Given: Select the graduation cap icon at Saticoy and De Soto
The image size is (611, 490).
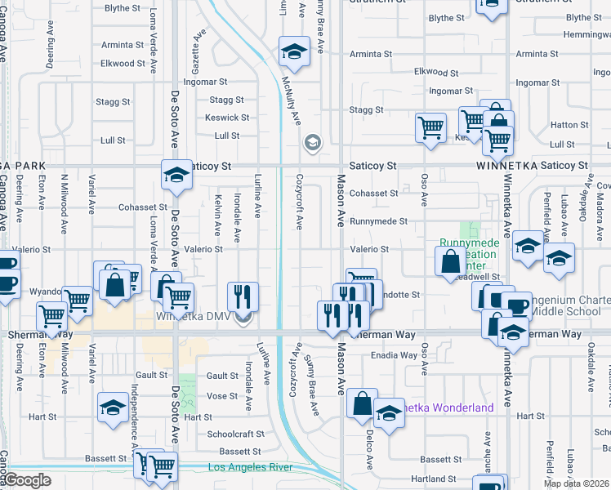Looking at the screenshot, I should [176, 173].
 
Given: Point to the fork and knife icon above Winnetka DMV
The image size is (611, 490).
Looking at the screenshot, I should [242, 296].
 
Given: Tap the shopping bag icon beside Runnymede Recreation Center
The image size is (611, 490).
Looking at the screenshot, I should [450, 262].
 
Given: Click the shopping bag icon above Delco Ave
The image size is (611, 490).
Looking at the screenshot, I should [362, 403].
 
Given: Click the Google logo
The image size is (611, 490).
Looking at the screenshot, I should [28, 481].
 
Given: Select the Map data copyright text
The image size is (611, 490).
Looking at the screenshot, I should [576, 483].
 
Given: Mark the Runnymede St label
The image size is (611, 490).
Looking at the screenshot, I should [378, 221].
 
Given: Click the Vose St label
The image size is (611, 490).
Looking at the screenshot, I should [222, 395].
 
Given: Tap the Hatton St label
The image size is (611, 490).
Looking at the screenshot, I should [564, 125].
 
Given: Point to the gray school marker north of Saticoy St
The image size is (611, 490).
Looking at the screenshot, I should [311, 144].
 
